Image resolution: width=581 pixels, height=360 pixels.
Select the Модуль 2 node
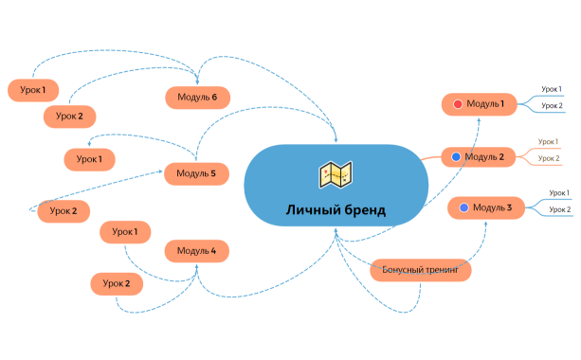(x=481, y=156)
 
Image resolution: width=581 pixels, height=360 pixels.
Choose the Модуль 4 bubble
(x=197, y=251)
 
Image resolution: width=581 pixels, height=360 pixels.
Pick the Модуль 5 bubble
(x=197, y=173)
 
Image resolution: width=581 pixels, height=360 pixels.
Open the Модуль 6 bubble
(x=197, y=96)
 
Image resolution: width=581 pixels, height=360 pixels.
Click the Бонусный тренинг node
(x=420, y=270)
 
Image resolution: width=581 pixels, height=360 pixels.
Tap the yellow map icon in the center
(x=336, y=174)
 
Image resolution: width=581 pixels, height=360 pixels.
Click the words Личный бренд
(x=336, y=209)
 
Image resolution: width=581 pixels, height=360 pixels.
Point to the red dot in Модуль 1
(x=458, y=103)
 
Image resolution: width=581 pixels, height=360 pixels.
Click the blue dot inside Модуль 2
(x=456, y=156)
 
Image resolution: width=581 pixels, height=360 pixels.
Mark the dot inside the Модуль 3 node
(x=463, y=207)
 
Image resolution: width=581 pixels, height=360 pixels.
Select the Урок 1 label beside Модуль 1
(x=552, y=89)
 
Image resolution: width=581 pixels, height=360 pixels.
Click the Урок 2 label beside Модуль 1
(x=552, y=105)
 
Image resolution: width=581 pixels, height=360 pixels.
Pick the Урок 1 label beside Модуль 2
(x=550, y=141)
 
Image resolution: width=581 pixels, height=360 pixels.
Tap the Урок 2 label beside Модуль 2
(x=550, y=158)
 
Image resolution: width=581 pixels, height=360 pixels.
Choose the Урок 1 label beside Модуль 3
(x=560, y=193)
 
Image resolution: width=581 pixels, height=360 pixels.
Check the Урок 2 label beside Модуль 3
(x=560, y=209)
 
